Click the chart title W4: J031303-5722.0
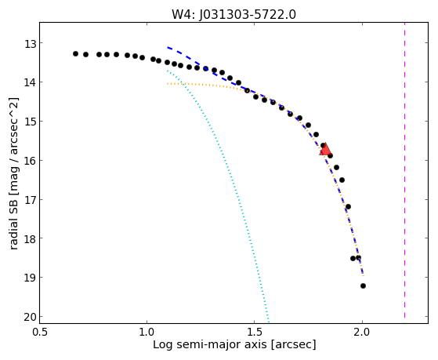point(233,14)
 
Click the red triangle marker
point(325,150)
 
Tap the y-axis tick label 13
point(30,44)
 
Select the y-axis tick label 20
point(30,318)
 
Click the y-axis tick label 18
point(30,239)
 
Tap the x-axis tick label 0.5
point(40,332)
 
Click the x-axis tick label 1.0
point(147,332)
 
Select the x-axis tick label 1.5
point(255,332)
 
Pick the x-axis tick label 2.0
point(362,332)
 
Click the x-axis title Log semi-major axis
point(210,344)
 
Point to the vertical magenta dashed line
point(404,170)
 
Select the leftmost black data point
point(75,53)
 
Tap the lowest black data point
point(363,285)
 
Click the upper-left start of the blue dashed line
point(168,47)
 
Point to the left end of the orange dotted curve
point(168,83)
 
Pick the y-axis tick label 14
point(30,83)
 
